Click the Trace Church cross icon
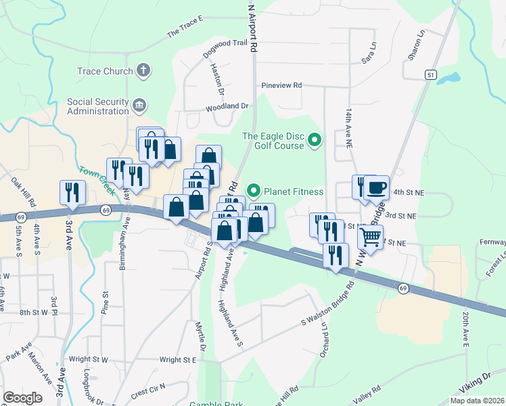click(x=143, y=70)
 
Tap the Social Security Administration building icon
click(x=139, y=105)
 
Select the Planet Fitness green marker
click(x=254, y=191)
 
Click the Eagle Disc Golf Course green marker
click(x=314, y=140)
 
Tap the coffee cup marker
click(x=376, y=187)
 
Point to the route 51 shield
click(x=430, y=75)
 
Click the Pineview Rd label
click(x=281, y=86)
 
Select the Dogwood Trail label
click(x=226, y=43)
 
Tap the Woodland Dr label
click(x=227, y=106)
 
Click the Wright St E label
click(x=177, y=360)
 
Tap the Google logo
click(x=22, y=397)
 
